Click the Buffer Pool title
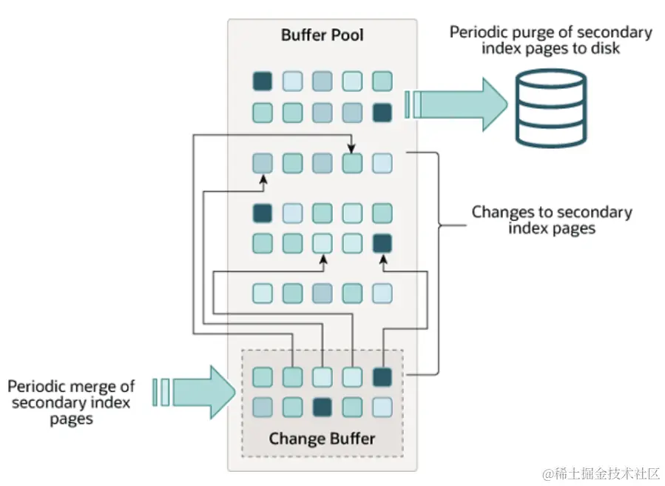[322, 35]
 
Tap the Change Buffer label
[322, 438]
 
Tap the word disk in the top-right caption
[604, 48]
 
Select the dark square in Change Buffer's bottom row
[323, 407]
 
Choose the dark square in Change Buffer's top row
[382, 377]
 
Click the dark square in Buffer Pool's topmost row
[263, 81]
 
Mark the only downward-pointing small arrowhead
[352, 150]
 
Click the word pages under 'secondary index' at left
[72, 419]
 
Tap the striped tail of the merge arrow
[161, 392]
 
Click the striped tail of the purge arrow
[413, 104]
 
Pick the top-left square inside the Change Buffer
[263, 377]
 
